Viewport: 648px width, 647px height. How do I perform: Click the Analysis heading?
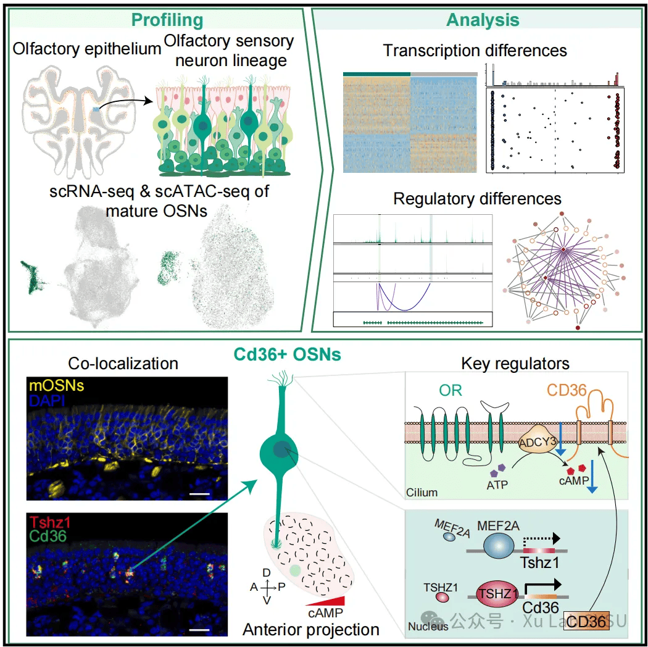483,20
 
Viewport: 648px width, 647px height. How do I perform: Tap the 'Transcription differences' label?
475,50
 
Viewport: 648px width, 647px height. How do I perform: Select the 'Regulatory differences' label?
477,199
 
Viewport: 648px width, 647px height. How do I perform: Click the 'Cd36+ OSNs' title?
288,355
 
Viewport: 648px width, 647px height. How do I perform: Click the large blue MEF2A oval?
502,546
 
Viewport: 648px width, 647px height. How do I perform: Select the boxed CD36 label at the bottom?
587,621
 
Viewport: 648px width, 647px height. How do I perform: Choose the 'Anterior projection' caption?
311,630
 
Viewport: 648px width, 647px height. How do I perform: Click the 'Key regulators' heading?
515,364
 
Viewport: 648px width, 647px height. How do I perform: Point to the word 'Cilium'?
422,492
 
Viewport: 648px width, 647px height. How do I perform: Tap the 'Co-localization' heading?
123,364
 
